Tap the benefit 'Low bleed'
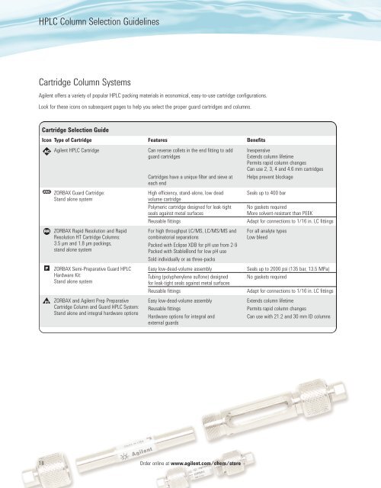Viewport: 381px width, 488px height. click(x=260, y=236)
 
